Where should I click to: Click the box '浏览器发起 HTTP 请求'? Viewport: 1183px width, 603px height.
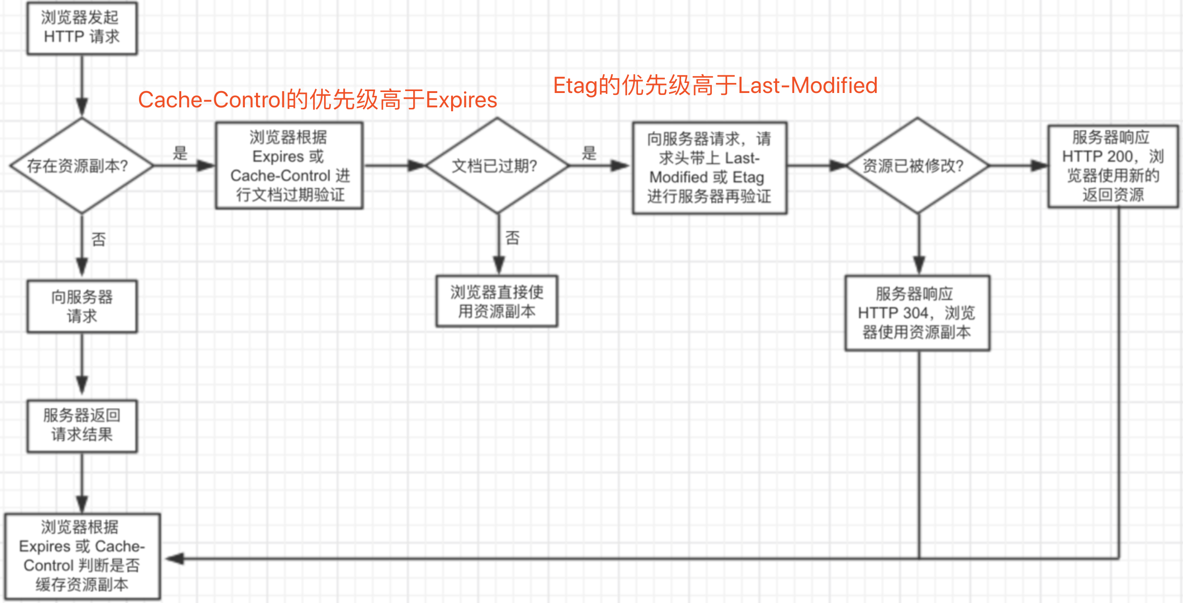pyautogui.click(x=82, y=28)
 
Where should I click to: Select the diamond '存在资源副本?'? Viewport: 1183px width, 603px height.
pyautogui.click(x=82, y=166)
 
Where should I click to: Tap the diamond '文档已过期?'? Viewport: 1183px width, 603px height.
pyautogui.click(x=497, y=166)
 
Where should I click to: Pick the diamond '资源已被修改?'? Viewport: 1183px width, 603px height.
pyautogui.click(x=917, y=166)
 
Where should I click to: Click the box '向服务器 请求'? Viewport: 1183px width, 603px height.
pyautogui.click(x=82, y=306)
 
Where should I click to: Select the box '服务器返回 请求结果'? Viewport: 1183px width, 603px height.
pyautogui.click(x=82, y=426)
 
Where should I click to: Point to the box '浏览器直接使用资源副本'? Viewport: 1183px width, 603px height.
pyautogui.click(x=497, y=301)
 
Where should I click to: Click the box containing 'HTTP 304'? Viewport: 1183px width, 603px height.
pyautogui.click(x=917, y=313)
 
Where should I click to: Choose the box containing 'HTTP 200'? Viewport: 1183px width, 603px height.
pyautogui.click(x=1113, y=166)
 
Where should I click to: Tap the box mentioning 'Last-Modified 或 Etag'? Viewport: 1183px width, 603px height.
pyautogui.click(x=709, y=168)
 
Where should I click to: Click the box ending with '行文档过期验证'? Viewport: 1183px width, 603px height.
pyautogui.click(x=290, y=166)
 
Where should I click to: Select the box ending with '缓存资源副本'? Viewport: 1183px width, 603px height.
pyautogui.click(x=82, y=557)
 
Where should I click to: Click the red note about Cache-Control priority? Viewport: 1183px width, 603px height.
pyautogui.click(x=317, y=100)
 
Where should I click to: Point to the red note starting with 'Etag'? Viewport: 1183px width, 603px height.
pyautogui.click(x=715, y=86)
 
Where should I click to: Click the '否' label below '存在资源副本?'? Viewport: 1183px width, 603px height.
pyautogui.click(x=99, y=239)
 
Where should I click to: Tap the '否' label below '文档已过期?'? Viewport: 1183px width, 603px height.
pyautogui.click(x=512, y=237)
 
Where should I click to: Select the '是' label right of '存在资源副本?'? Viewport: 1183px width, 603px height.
pyautogui.click(x=180, y=153)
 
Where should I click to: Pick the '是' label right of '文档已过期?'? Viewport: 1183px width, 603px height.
pyautogui.click(x=589, y=153)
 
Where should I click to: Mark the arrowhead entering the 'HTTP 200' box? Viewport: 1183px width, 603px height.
pyautogui.click(x=1040, y=166)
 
